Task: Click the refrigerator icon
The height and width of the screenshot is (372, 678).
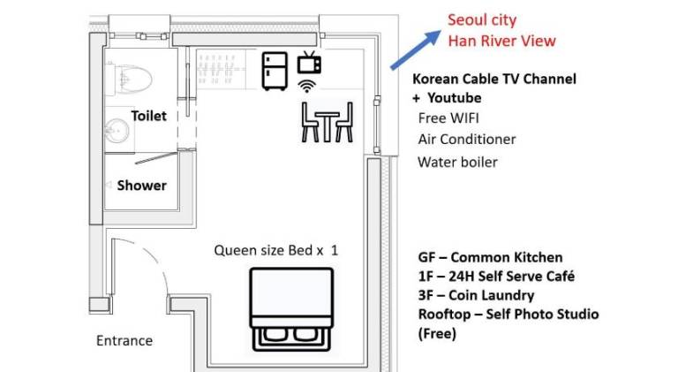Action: tap(275, 71)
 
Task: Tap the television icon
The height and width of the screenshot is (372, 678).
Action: tap(309, 63)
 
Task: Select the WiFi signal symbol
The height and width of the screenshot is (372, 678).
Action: tap(306, 86)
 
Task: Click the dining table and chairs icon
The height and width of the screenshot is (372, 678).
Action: tap(328, 122)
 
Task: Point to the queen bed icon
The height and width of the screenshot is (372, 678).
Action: tap(291, 309)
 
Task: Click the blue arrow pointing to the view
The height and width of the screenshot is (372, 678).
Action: tap(416, 49)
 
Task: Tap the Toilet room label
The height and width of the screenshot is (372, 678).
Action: tap(148, 116)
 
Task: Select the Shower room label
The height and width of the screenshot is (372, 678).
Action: tap(142, 186)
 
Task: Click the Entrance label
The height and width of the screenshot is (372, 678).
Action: tap(124, 341)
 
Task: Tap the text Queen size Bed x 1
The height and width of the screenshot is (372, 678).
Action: tap(275, 250)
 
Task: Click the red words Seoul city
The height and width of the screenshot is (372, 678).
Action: tap(482, 20)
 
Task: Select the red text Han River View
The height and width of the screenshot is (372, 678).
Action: tap(501, 42)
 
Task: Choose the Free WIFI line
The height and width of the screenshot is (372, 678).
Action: tap(448, 118)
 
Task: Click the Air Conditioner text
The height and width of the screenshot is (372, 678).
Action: tap(467, 140)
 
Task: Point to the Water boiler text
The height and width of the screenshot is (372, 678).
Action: tap(457, 163)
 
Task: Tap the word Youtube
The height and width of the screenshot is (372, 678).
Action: tap(455, 98)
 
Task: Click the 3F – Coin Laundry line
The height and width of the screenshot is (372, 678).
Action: tap(476, 295)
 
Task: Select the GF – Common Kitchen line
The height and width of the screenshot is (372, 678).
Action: tap(490, 257)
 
